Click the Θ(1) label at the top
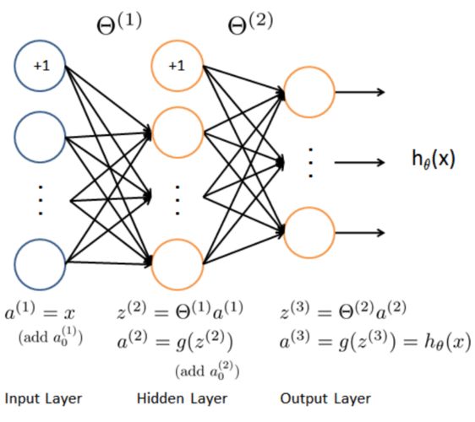point(119,24)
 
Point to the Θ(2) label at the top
point(250,24)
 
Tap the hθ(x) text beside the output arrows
point(434,160)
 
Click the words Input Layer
point(44,398)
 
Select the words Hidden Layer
point(182,398)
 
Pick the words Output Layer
point(325,398)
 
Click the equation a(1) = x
point(40,311)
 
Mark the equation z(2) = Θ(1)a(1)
point(180,311)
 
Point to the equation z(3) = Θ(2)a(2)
point(343,311)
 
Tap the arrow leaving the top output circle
point(360,92)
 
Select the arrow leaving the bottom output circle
point(360,233)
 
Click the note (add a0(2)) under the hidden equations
point(207,371)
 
